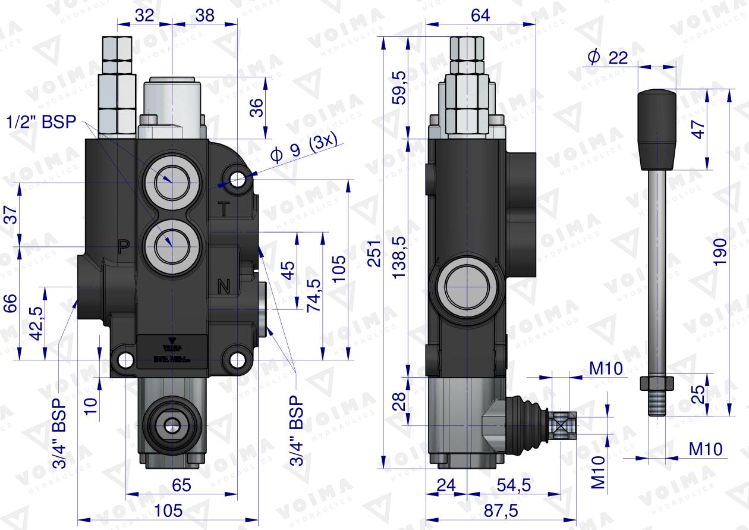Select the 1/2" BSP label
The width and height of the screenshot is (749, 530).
[x=42, y=122]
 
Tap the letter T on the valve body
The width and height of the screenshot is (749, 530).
[x=224, y=209]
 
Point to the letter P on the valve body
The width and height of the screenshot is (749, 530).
[x=123, y=246]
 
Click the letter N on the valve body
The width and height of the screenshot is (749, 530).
[x=224, y=287]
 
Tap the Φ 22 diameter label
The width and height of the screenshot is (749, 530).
[x=608, y=57]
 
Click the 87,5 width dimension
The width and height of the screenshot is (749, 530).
[x=501, y=510]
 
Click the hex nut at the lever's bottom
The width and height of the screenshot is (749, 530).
[x=656, y=382]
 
